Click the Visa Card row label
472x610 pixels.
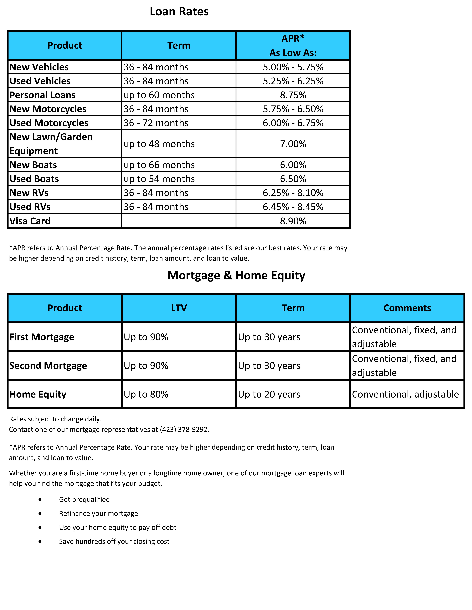(x=30, y=221)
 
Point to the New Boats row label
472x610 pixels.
(x=33, y=165)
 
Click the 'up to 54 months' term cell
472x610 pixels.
(x=159, y=179)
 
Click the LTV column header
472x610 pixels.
(x=179, y=308)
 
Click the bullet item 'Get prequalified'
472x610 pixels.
(x=84, y=499)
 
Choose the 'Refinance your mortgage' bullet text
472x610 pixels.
(x=98, y=513)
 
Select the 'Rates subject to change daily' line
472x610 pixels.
(x=55, y=419)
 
